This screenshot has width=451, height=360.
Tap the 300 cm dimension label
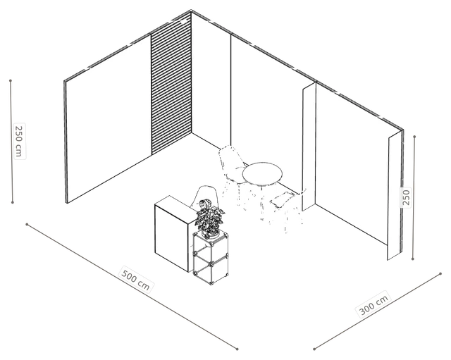click(x=374, y=304)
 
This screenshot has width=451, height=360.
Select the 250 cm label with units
click(x=19, y=141)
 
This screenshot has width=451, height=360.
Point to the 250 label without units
click(x=406, y=197)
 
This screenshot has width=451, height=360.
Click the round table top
click(x=262, y=174)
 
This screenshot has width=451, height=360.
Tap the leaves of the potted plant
click(x=210, y=215)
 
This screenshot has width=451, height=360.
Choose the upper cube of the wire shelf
click(x=211, y=244)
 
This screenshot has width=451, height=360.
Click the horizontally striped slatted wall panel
click(x=171, y=83)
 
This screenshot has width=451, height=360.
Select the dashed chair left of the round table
click(x=233, y=173)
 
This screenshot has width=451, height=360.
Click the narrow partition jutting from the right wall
click(x=309, y=146)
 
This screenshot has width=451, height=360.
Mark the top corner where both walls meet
click(x=192, y=11)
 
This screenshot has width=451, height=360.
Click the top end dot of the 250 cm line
click(x=11, y=80)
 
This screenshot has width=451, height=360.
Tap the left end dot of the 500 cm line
click(x=27, y=224)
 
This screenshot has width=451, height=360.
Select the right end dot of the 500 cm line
click(x=237, y=349)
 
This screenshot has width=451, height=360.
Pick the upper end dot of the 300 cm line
click(x=440, y=274)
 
